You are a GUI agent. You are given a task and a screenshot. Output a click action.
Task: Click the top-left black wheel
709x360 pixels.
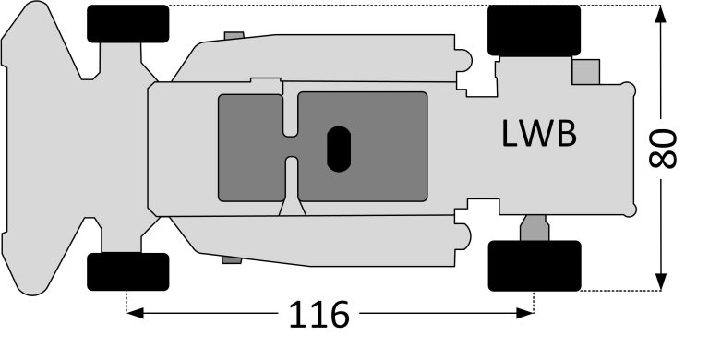tap(128, 24)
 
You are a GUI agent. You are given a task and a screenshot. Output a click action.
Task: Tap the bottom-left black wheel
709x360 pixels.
tap(128, 271)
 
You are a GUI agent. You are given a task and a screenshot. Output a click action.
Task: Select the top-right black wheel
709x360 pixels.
tap(534, 30)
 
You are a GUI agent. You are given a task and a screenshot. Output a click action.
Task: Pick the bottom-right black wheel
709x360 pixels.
tap(535, 266)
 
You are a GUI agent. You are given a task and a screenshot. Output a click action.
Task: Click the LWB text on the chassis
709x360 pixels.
tap(539, 134)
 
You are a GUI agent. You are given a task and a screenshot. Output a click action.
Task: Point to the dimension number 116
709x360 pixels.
tap(318, 315)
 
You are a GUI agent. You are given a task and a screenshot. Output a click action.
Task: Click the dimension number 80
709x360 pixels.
tap(663, 149)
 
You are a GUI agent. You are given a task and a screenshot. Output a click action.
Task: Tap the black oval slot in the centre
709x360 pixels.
tap(339, 150)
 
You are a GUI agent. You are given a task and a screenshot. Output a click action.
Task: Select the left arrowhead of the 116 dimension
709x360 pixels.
tap(135, 313)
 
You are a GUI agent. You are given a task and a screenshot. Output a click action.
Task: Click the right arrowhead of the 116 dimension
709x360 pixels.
tap(525, 313)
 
